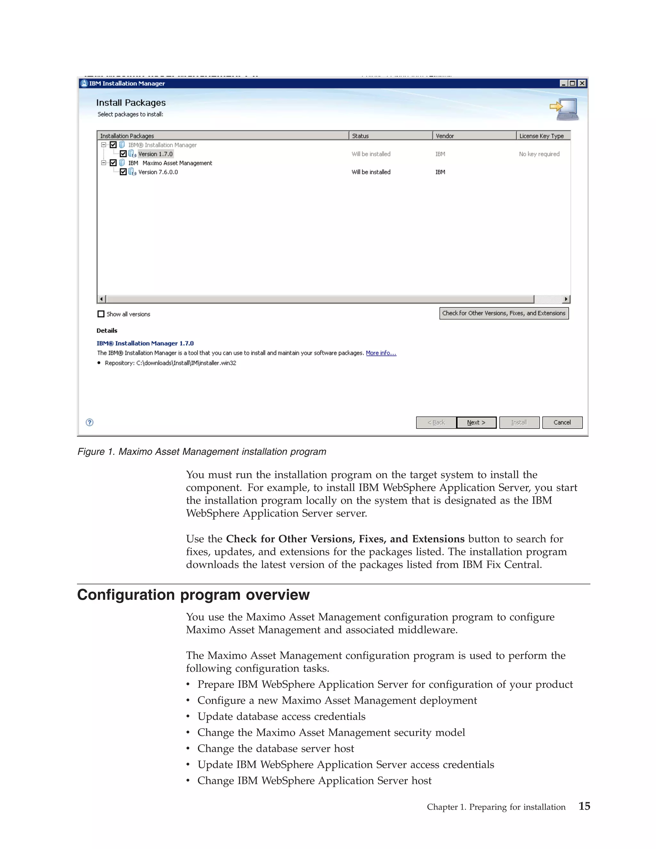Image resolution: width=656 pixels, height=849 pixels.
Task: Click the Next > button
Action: click(x=476, y=422)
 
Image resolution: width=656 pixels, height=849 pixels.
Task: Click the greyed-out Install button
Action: click(x=519, y=422)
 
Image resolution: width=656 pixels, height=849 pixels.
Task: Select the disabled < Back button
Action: click(x=436, y=422)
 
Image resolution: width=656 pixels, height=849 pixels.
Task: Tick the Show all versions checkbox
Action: click(x=101, y=314)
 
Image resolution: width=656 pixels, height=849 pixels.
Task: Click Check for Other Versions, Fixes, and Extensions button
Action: click(x=504, y=313)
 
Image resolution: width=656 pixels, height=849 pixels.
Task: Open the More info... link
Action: click(x=381, y=353)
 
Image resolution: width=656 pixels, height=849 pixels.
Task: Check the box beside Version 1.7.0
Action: click(x=123, y=154)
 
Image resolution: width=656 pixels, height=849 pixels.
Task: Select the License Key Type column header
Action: click(x=542, y=136)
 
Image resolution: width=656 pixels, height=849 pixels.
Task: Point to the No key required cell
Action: click(x=539, y=154)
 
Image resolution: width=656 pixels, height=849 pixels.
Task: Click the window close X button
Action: click(x=582, y=83)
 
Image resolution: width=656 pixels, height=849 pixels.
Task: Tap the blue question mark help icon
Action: click(x=89, y=422)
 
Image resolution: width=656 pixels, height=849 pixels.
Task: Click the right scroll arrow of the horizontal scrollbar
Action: click(x=566, y=299)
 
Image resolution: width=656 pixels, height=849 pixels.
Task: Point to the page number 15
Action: click(x=584, y=806)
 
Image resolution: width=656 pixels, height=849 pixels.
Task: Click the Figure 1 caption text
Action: click(x=202, y=452)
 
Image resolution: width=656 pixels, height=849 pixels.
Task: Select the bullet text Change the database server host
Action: click(x=275, y=748)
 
